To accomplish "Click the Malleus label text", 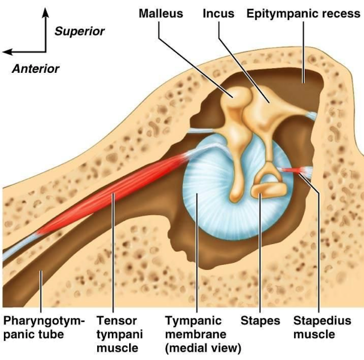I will point(161,13).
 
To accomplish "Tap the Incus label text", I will point(218,13).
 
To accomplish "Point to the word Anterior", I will point(35,69).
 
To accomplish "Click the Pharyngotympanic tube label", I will point(43,327).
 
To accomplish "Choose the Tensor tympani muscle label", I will point(119,334).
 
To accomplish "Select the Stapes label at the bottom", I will point(260,320).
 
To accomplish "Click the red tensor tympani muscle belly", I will point(114,193).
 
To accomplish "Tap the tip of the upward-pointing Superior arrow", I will point(45,11).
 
